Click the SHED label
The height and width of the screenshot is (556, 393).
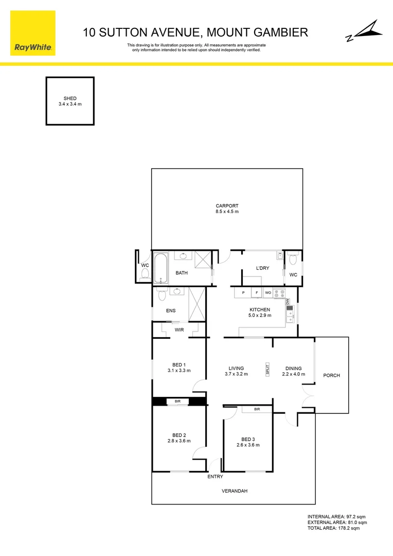tap(70, 98)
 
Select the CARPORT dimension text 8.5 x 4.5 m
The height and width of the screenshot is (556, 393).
tap(227, 212)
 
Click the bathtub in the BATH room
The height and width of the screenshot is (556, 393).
tap(160, 268)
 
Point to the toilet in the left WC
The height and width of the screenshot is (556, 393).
tap(145, 273)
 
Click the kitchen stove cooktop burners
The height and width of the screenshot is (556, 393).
tap(279, 293)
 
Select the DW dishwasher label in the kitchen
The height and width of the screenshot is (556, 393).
tap(288, 302)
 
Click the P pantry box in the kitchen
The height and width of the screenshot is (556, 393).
tap(243, 293)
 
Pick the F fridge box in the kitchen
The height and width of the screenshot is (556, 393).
tap(256, 293)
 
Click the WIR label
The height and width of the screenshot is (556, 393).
tap(178, 329)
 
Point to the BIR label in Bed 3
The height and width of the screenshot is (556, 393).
tap(257, 409)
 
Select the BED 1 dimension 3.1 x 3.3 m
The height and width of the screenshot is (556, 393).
tap(178, 370)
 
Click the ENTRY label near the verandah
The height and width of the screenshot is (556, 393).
tap(215, 477)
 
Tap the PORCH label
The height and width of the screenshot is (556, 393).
tap(331, 375)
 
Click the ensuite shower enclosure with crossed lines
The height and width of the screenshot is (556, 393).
tap(196, 304)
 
